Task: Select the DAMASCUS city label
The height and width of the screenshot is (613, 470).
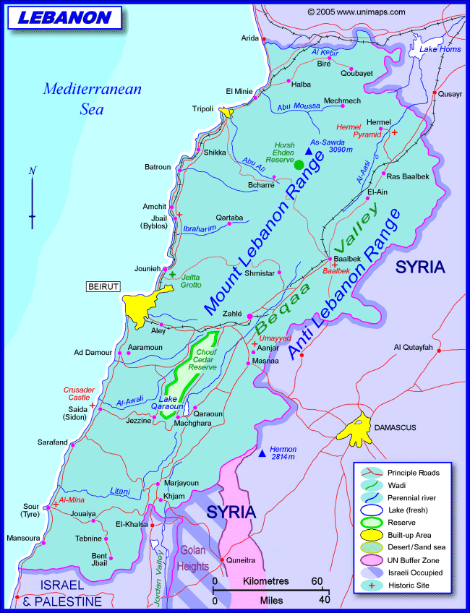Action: (395, 428)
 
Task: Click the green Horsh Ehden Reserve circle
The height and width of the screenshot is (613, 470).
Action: (299, 165)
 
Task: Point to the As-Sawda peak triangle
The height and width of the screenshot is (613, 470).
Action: (309, 152)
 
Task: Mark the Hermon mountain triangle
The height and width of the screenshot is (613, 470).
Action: (262, 453)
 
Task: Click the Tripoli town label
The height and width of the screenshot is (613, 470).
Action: (202, 108)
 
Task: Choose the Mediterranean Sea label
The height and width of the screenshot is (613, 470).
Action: (93, 99)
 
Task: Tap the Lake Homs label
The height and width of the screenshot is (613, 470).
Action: (440, 49)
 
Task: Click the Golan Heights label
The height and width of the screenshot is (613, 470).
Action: (194, 557)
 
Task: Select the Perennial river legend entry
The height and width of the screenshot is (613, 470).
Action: (412, 497)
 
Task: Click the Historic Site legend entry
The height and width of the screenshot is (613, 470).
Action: (409, 585)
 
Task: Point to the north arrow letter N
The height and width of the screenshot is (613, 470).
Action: (32, 171)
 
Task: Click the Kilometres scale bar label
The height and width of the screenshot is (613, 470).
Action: (266, 581)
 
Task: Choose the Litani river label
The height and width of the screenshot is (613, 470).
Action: (120, 491)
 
